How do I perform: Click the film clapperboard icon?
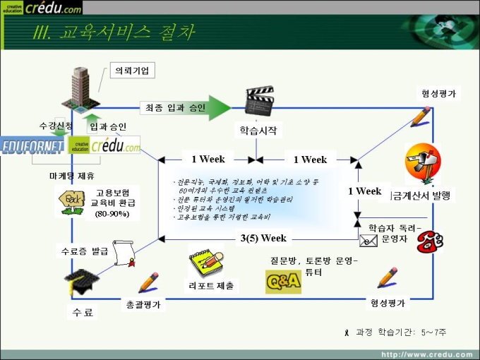coord(258,101)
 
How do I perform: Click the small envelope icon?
coord(368,241)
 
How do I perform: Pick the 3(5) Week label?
coord(263,238)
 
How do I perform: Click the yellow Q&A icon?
coord(283,281)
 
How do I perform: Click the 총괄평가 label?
coord(144,304)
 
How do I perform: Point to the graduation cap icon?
coord(79,280)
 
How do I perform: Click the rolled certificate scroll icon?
coord(126,251)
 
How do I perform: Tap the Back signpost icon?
coord(72,203)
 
